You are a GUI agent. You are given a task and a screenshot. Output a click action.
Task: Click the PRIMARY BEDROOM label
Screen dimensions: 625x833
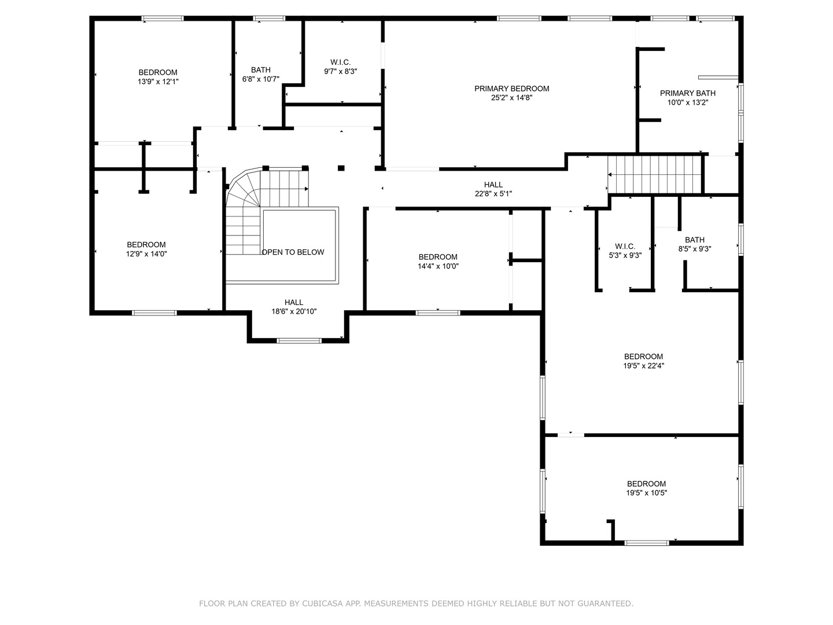(511, 89)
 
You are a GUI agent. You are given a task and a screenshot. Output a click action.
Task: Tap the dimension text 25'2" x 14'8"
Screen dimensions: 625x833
(511, 98)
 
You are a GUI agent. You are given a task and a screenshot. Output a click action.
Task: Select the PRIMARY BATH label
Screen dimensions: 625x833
(688, 93)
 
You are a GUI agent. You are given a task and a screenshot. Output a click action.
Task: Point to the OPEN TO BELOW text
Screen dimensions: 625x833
(293, 252)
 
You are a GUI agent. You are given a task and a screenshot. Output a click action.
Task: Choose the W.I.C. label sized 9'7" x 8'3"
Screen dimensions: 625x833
(340, 62)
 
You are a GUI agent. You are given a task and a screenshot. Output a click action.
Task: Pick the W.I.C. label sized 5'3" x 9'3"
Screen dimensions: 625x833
(625, 247)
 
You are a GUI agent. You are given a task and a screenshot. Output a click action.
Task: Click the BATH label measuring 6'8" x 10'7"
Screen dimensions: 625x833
(260, 70)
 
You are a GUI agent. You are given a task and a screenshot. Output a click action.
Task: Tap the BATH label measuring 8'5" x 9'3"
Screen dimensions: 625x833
(695, 240)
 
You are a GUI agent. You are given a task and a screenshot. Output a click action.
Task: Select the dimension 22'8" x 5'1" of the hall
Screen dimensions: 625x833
(493, 194)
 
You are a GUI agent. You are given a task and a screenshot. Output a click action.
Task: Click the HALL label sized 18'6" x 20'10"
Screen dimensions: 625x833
(294, 303)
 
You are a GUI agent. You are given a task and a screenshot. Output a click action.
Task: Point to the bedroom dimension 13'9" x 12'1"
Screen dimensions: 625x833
(158, 82)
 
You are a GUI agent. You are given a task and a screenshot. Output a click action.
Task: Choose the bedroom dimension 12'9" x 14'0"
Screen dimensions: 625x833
(146, 254)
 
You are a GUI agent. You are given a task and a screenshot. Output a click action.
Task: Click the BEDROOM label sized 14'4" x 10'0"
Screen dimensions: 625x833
(438, 257)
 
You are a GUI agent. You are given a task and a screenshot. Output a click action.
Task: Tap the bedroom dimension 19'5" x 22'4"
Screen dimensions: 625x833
(644, 366)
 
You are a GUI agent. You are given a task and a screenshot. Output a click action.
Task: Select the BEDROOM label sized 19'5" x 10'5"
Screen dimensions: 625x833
(646, 484)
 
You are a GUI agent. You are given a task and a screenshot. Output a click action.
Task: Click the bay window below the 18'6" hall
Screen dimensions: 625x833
(299, 340)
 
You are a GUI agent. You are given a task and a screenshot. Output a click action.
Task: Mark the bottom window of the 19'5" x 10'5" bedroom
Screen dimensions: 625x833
(647, 543)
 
